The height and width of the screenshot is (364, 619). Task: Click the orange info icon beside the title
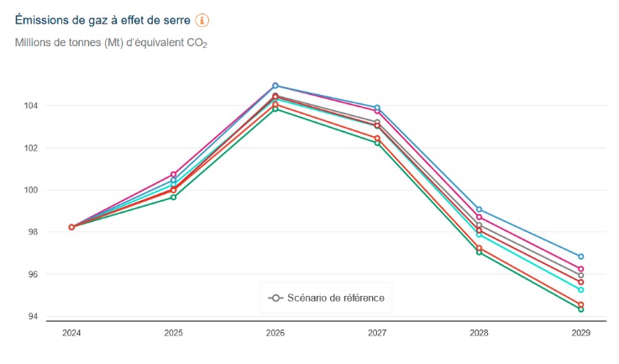click(x=202, y=20)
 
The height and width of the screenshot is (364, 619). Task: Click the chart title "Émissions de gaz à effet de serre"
click(x=102, y=20)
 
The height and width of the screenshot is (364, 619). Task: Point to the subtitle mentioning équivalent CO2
click(x=111, y=43)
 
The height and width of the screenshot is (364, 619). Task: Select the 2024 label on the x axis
click(x=72, y=334)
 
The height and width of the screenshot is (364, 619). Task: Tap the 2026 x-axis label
click(x=275, y=334)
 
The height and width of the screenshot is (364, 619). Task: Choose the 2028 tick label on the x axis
click(x=479, y=334)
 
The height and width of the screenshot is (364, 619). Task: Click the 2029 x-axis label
click(x=580, y=334)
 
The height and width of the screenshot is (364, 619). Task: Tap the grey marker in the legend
click(x=275, y=298)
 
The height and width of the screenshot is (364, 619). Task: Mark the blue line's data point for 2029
click(x=580, y=256)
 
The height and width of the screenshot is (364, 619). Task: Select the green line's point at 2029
click(x=580, y=309)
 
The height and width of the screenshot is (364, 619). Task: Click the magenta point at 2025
click(x=174, y=174)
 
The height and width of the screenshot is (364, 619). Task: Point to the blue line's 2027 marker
click(x=377, y=108)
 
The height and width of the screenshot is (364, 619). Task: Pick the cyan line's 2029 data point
click(x=580, y=290)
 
